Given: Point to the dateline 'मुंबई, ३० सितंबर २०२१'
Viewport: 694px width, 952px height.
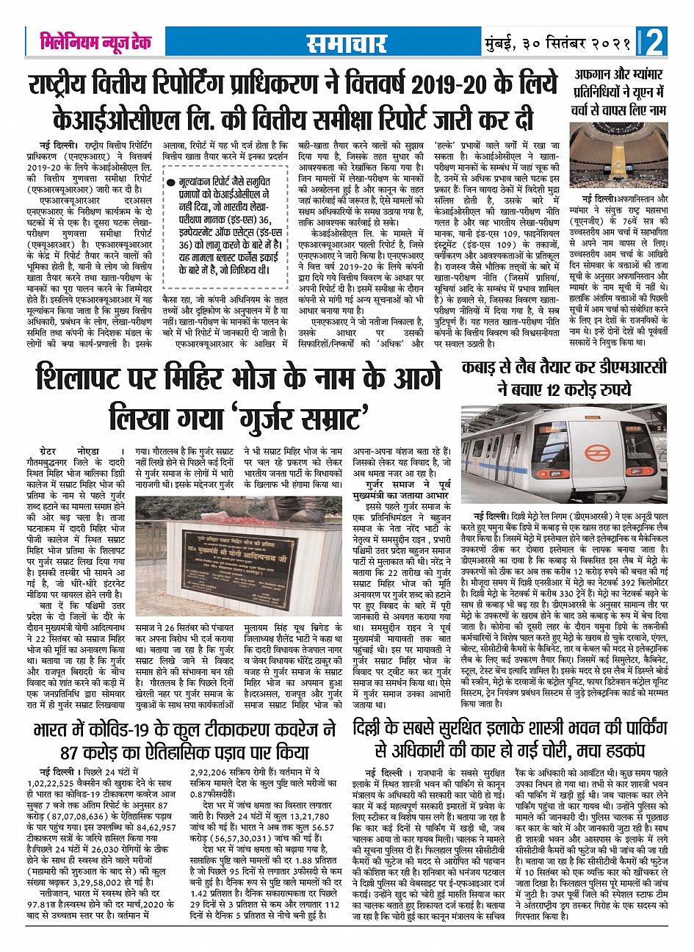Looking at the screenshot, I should pyautogui.click(x=560, y=43).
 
